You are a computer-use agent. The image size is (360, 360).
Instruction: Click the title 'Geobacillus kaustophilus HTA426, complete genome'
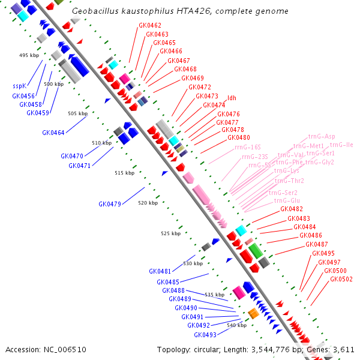179,11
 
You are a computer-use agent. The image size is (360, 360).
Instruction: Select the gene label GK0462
149,26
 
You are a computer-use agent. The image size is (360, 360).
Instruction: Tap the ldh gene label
232,98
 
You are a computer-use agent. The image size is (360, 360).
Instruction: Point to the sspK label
19,86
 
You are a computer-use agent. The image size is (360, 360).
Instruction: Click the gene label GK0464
53,133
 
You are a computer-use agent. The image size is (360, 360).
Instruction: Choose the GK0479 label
110,204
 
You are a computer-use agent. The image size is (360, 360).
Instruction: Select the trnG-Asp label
322,137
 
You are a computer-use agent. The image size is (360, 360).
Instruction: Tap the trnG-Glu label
288,200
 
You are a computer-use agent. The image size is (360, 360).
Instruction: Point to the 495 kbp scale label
28,55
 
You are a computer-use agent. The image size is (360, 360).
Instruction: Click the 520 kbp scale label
148,203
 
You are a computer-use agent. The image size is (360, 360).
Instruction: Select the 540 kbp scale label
237,325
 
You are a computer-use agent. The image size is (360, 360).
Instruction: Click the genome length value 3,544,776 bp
269,349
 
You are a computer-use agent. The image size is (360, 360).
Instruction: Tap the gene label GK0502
341,279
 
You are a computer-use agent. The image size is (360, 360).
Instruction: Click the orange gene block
253,313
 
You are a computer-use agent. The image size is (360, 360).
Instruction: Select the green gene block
255,250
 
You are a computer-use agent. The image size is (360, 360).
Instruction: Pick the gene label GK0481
160,271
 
